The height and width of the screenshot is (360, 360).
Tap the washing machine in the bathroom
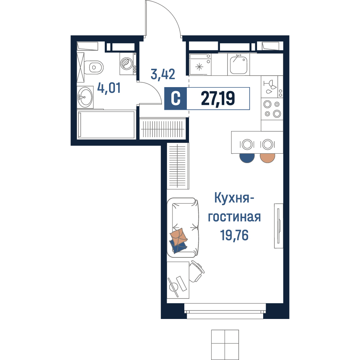point(128,64)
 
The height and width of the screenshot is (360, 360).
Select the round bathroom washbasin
point(85,97)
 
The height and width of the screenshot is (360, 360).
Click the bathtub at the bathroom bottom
point(106,125)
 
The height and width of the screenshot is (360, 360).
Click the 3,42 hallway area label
point(163,74)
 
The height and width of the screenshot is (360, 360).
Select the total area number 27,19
point(218,98)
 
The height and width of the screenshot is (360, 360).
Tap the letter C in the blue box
point(176,99)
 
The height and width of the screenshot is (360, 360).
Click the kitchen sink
point(239,64)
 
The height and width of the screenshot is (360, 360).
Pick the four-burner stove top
point(272,109)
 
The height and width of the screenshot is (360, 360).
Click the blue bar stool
point(247,158)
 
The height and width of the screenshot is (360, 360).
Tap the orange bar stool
point(267,158)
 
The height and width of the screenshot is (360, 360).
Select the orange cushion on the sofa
point(179,237)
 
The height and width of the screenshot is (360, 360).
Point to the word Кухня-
point(234,198)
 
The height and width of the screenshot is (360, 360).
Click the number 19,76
point(234,235)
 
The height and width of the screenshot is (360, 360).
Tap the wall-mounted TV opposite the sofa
point(279,226)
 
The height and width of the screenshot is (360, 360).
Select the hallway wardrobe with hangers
point(163,129)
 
